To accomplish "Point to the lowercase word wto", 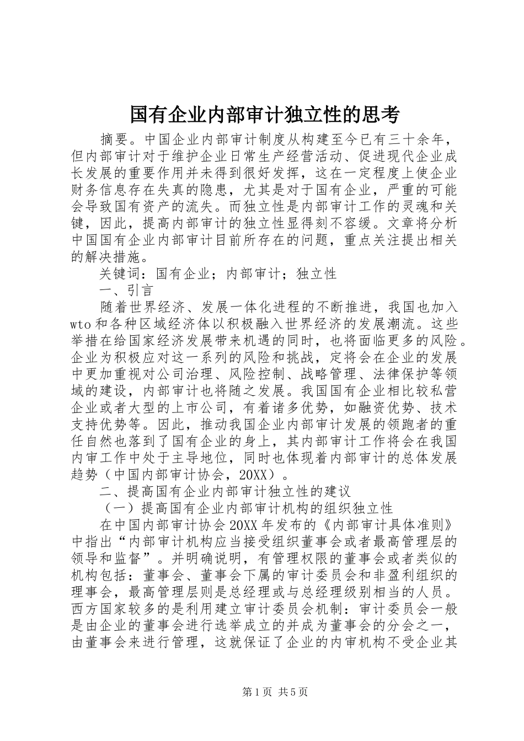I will (x=84, y=322).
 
